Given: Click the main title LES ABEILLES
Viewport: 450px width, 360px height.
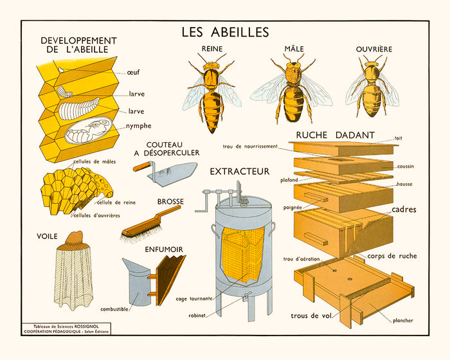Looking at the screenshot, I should coord(225,31).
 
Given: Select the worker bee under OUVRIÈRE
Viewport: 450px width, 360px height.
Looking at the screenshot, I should coord(372,90).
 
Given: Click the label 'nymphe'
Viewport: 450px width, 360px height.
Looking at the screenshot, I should coord(139,125).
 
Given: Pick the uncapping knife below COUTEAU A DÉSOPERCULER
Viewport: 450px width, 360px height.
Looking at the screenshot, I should coord(166,170).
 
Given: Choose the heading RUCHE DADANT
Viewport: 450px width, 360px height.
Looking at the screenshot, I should coord(336,135).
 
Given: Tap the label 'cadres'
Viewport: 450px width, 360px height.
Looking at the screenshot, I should coord(404,210).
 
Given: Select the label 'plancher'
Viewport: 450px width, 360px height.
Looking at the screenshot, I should coord(401,320).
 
